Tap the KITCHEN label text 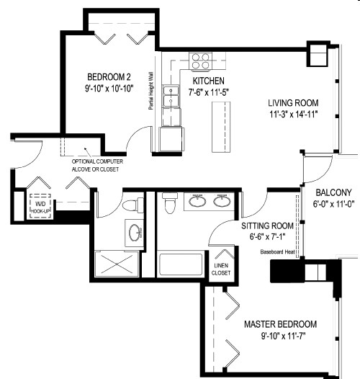(x=206, y=81)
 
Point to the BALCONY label (x=332, y=192)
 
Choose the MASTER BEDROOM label (x=280, y=324)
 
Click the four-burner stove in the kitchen (x=199, y=60)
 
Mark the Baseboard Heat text (x=279, y=251)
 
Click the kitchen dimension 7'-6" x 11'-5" (x=207, y=92)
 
